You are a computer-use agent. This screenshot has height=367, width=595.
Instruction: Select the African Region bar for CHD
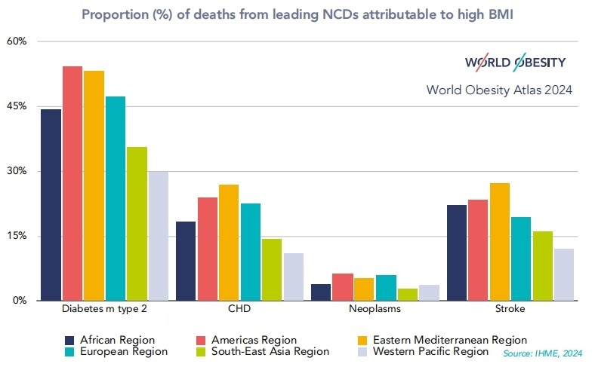[x=186, y=261]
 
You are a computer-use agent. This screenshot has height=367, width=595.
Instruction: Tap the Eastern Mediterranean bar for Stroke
[x=500, y=241]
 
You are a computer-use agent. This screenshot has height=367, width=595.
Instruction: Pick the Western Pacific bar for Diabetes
[x=159, y=236]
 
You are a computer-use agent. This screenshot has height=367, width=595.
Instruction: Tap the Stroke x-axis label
[x=500, y=310]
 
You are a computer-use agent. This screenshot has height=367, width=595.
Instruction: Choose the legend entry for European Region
[x=123, y=351]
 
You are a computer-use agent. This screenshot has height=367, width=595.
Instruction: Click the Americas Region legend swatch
[x=202, y=341]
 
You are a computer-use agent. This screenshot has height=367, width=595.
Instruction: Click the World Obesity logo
[x=515, y=62]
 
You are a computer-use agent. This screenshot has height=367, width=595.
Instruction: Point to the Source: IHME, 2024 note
[x=543, y=353]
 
